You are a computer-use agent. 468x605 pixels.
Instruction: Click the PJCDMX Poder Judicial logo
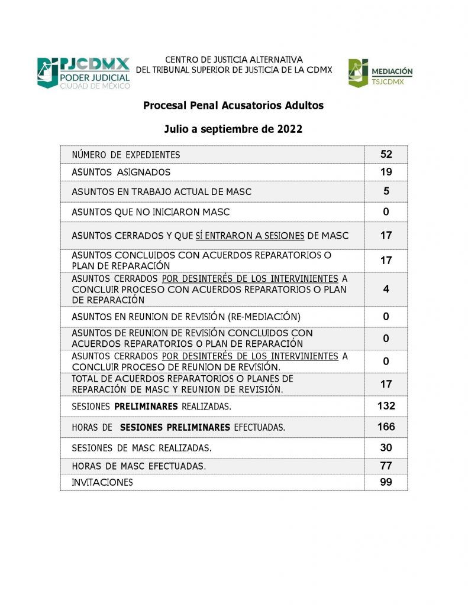[x=83, y=73]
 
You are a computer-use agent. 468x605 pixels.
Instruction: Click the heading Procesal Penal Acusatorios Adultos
[x=233, y=106]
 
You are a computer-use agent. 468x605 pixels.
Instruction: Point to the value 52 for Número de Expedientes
[x=386, y=154]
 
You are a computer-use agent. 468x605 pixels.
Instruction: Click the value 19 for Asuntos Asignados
[x=386, y=172]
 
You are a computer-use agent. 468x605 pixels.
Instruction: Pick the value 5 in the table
[x=386, y=191]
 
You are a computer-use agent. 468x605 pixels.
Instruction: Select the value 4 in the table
[x=386, y=290]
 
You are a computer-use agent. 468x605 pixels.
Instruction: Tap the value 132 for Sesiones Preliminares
[x=386, y=406]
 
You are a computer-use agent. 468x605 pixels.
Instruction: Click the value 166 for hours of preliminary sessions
[x=386, y=427]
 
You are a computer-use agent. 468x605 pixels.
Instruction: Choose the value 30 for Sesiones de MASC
[x=386, y=447]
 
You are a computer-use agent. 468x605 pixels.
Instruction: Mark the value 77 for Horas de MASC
[x=386, y=466]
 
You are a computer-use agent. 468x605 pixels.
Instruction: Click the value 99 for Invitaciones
[x=386, y=482]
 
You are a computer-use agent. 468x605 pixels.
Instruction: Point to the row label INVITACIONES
[x=102, y=483]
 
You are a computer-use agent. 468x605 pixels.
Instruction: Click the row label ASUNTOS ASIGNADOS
[x=121, y=173]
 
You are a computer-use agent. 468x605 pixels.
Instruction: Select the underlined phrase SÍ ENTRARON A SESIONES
[x=250, y=236]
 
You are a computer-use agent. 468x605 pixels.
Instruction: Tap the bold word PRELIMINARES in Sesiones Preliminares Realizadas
[x=146, y=406]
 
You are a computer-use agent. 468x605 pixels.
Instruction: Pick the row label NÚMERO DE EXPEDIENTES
[x=125, y=155]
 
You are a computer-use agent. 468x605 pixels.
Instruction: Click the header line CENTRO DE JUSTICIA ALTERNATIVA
[x=234, y=60]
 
